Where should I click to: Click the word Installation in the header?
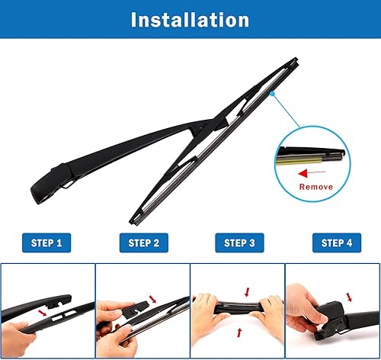[x=190, y=20]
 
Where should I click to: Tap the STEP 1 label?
[x=47, y=243]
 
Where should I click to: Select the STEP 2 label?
[x=142, y=243]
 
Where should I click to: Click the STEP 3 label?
[x=238, y=243]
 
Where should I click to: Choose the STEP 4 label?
[x=333, y=243]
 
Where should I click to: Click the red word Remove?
[x=315, y=185]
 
